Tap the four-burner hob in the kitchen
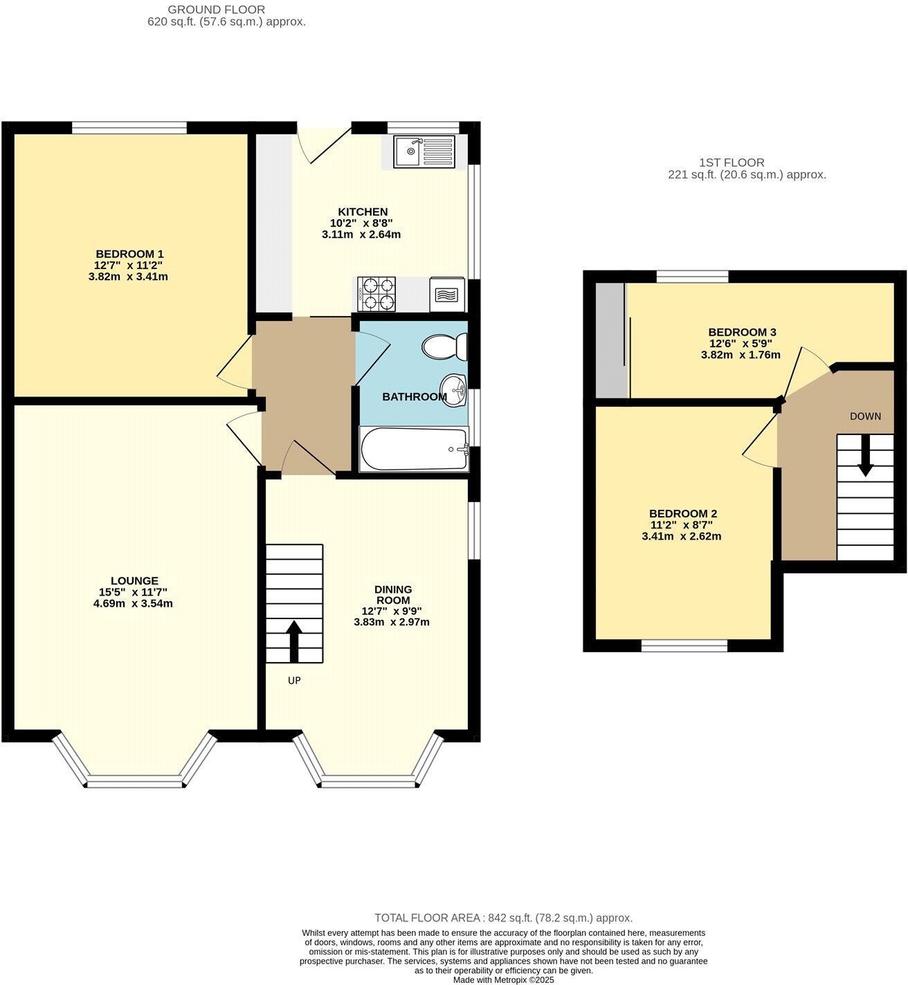coord(377,294)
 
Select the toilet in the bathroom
coord(444,347)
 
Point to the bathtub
coord(414,450)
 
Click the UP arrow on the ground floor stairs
coord(293,641)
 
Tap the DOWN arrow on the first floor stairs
coord(865,460)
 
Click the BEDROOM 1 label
coord(129,254)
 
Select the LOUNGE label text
coord(134,581)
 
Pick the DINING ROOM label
coord(392,594)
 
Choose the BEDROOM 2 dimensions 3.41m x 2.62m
coord(682,536)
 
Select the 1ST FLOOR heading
coord(732,163)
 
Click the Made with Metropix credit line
coord(503,979)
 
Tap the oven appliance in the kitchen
coord(447,295)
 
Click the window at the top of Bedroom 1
coord(129,127)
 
